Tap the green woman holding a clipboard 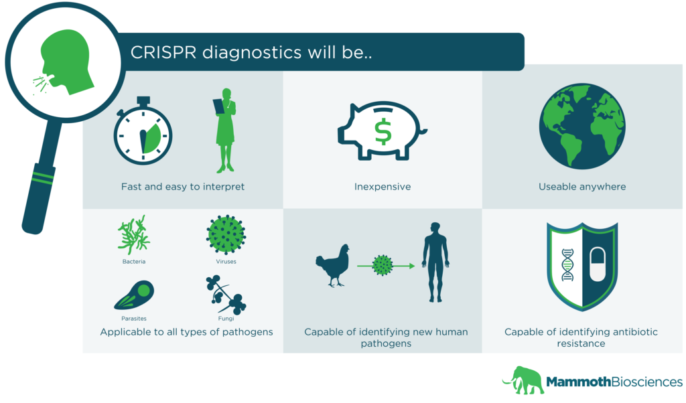click(x=225, y=131)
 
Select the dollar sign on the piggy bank click(x=383, y=132)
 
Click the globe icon click(x=582, y=127)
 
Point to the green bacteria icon click(x=133, y=235)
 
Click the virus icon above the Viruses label click(x=226, y=235)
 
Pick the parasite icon click(x=134, y=295)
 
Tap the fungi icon click(x=226, y=295)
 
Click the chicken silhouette click(x=334, y=265)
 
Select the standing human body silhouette click(x=435, y=262)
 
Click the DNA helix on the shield click(x=567, y=264)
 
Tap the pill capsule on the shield click(x=597, y=264)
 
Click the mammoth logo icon click(x=523, y=380)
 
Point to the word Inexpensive click(x=383, y=187)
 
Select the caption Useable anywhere click(x=582, y=187)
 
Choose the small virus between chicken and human click(x=383, y=265)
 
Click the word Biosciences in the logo click(x=646, y=382)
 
